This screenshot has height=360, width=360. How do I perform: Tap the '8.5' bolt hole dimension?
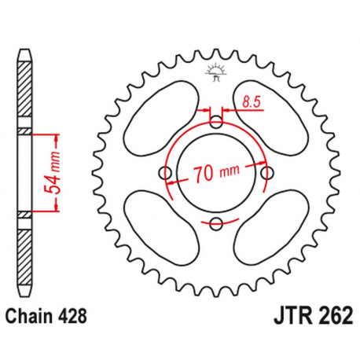click(x=251, y=101)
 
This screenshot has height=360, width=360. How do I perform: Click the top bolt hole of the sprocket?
click(x=216, y=122)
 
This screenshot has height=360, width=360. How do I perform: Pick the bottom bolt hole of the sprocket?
click(x=216, y=225)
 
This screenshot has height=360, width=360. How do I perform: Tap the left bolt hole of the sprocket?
click(x=165, y=173)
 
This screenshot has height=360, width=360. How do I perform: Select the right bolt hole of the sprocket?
click(x=267, y=173)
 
